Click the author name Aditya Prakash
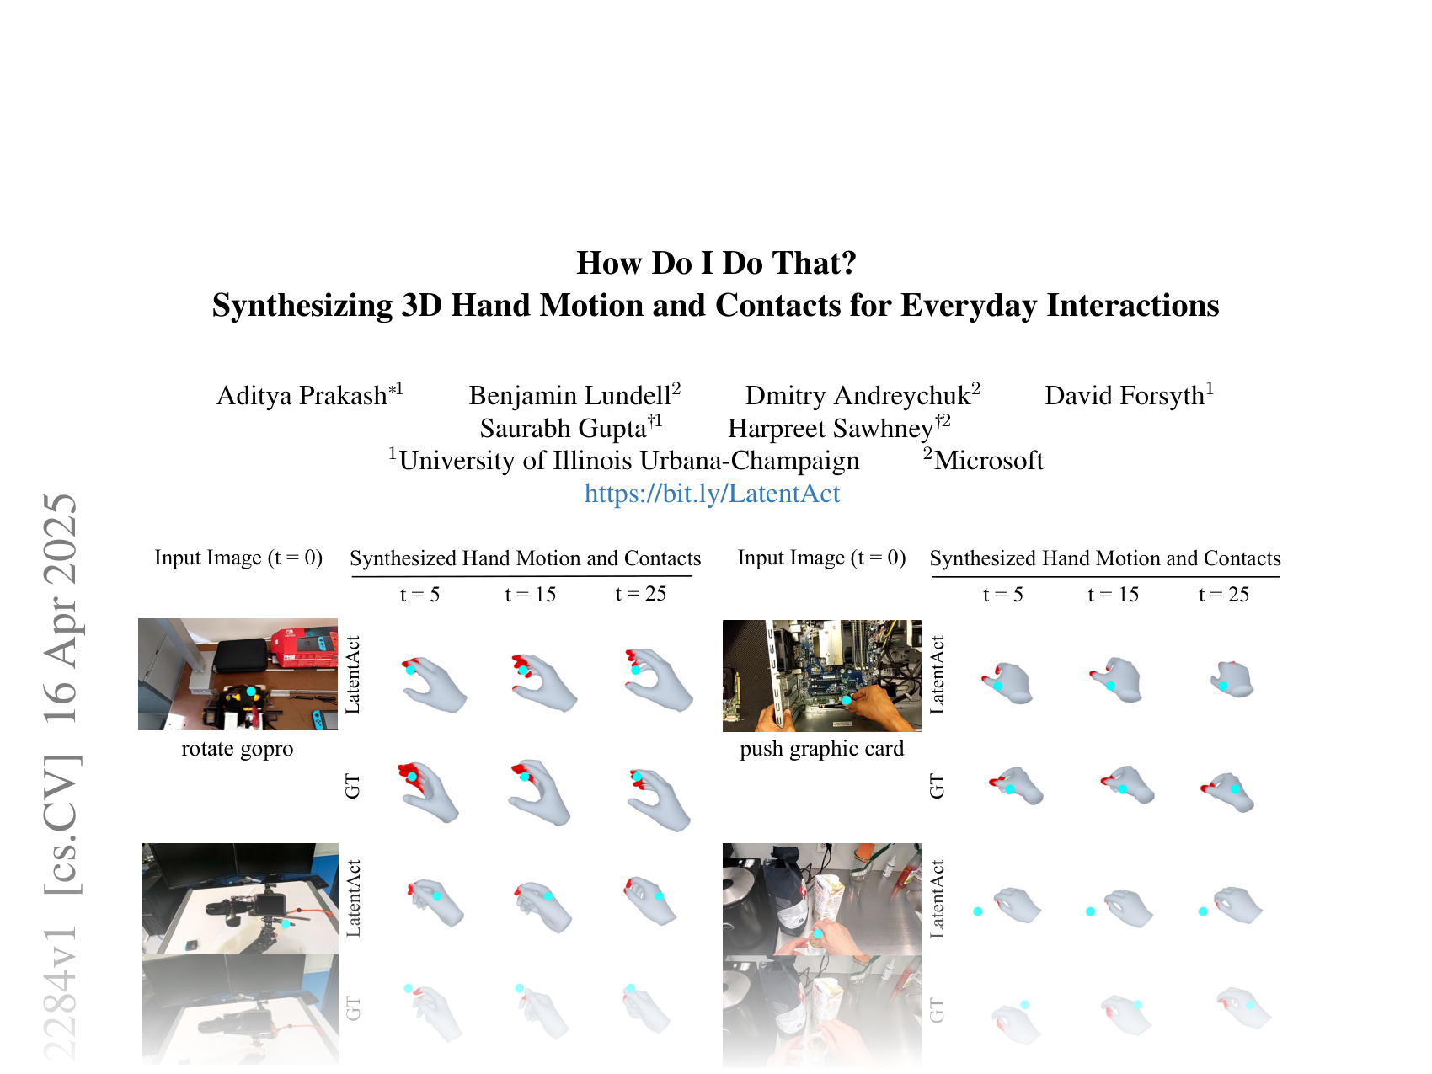(x=302, y=396)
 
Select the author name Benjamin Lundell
(x=569, y=396)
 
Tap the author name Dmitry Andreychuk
(x=858, y=396)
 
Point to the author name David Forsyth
(x=1124, y=396)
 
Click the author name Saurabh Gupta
(x=563, y=429)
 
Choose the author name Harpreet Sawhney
(x=831, y=429)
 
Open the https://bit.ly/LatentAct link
(x=712, y=494)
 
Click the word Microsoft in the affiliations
(x=989, y=461)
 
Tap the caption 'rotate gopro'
(x=238, y=749)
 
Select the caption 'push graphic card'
(x=821, y=749)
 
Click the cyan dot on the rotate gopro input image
(x=251, y=691)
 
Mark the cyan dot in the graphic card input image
(x=847, y=700)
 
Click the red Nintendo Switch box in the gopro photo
(x=303, y=646)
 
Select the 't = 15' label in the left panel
(x=530, y=595)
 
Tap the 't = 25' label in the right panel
(x=1223, y=595)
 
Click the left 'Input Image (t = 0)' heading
(x=238, y=558)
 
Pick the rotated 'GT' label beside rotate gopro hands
(x=353, y=786)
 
